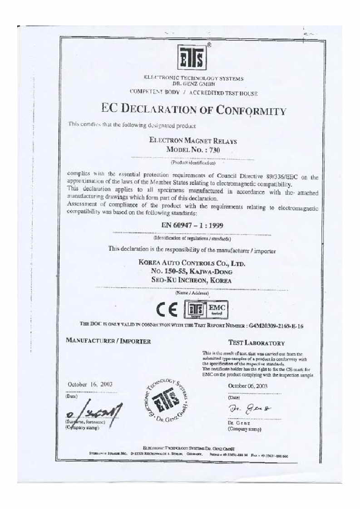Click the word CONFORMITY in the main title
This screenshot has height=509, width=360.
(251, 110)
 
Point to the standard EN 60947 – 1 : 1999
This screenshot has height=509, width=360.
(192, 225)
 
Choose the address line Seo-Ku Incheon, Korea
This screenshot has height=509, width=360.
(191, 280)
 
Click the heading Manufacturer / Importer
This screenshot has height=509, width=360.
(108, 341)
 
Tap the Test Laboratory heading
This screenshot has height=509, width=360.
(256, 343)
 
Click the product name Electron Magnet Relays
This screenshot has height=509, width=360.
(193, 141)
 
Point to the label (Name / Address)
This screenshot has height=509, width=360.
(192, 294)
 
